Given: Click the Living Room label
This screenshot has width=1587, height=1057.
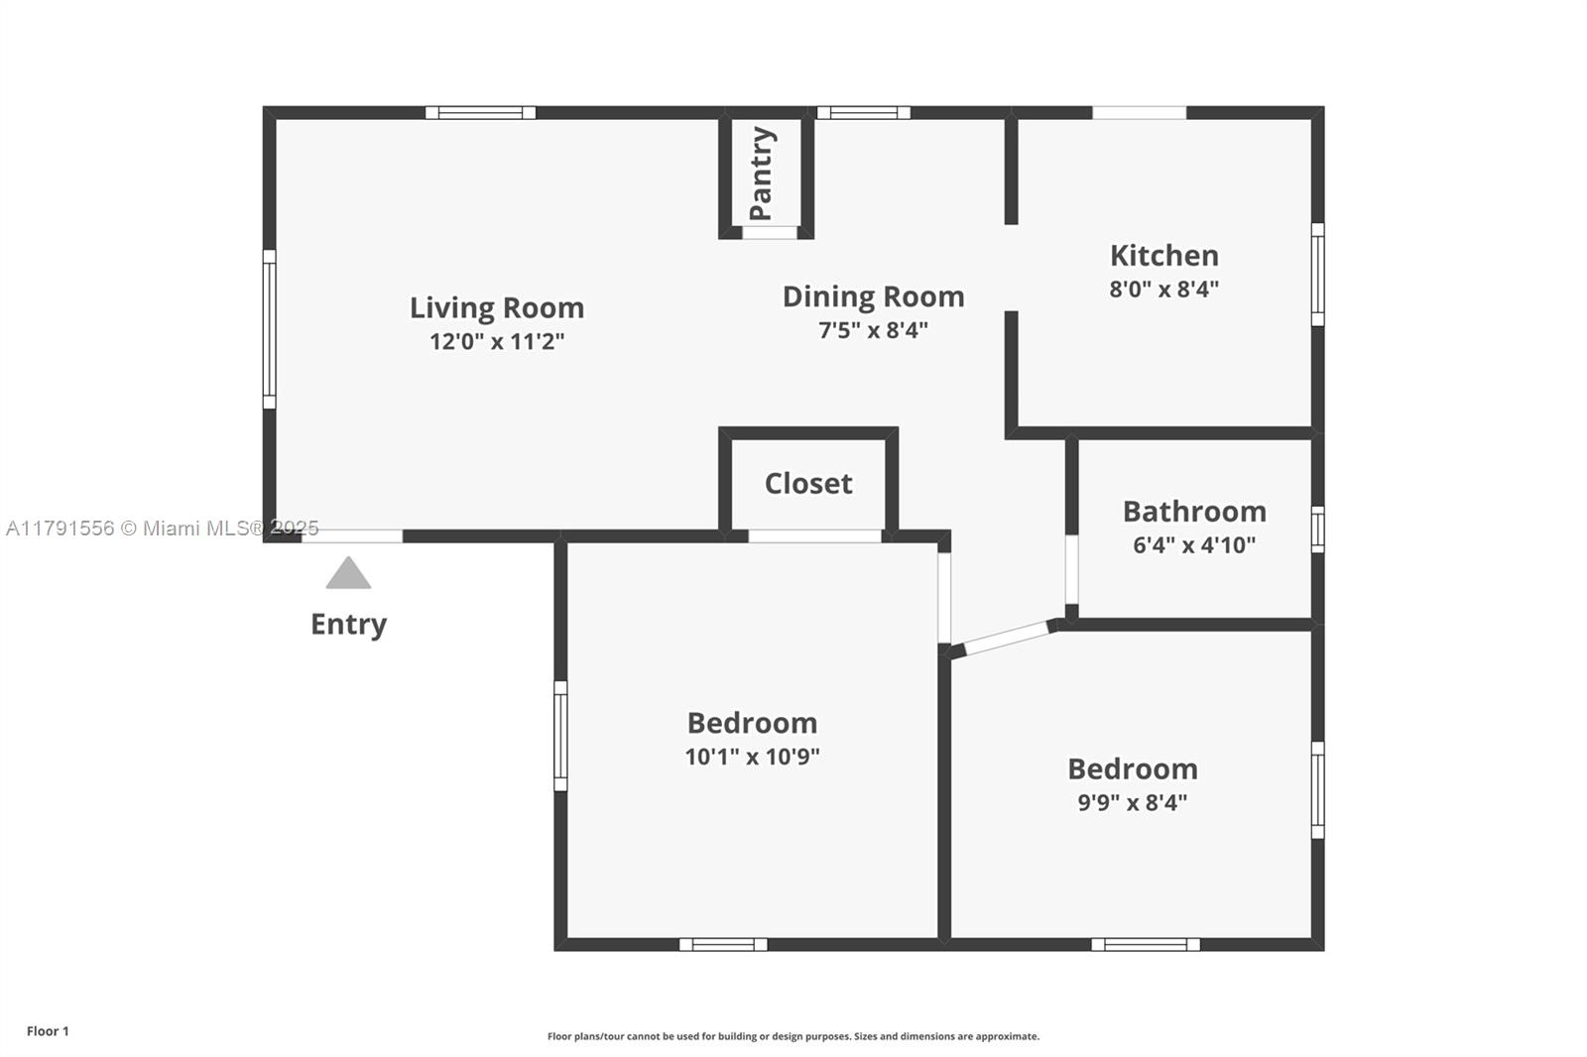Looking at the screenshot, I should [497, 307].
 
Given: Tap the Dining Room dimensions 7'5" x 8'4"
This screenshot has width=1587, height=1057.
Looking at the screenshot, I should [873, 330].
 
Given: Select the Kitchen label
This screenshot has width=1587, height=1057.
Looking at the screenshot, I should [1163, 256].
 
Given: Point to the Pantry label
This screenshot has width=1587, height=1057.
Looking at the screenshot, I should [761, 174].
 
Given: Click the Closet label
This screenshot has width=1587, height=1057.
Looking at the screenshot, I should [808, 484].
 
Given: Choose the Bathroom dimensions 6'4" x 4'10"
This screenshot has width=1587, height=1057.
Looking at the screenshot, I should [1194, 544].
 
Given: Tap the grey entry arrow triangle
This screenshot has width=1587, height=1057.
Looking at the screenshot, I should [348, 574].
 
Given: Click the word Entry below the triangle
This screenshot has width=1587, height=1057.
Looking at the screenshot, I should [348, 624].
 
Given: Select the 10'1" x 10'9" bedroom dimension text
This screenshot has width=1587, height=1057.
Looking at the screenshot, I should [752, 757].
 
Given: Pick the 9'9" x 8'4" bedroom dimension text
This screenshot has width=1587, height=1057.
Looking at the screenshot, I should [1132, 802].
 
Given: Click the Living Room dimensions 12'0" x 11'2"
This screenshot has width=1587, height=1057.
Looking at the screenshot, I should [497, 341].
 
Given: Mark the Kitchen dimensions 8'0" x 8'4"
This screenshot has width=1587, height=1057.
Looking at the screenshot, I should [1163, 290].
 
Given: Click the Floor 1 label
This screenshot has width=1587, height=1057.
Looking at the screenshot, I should [48, 1031].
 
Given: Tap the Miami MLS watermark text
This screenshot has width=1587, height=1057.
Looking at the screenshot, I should [163, 528].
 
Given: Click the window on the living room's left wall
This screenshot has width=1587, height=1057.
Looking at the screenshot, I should [269, 328].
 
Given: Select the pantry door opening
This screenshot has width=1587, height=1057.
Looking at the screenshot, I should [771, 233].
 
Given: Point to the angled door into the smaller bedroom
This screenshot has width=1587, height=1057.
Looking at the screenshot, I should [1007, 638].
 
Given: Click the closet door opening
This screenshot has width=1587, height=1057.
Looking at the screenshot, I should [814, 536].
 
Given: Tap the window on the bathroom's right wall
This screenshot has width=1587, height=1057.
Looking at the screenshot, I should [1317, 528].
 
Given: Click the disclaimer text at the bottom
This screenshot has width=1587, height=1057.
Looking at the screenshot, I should [793, 1036].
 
